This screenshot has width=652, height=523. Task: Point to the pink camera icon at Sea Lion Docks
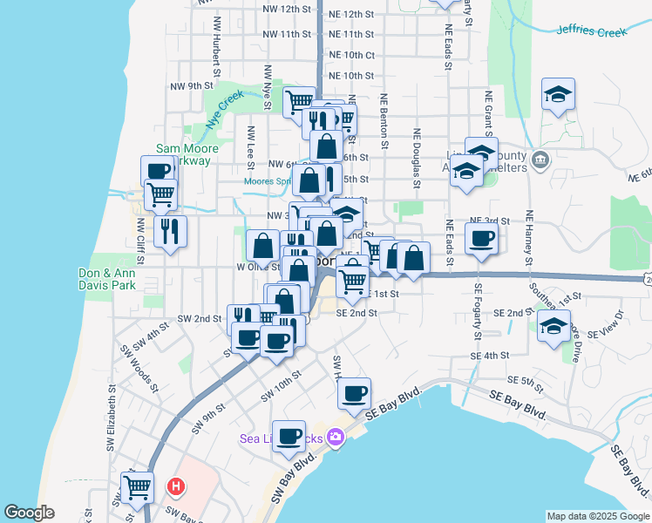336,437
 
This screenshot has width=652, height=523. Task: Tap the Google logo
29,513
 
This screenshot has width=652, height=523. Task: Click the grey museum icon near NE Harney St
540,160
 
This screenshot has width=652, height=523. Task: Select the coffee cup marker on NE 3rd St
480,238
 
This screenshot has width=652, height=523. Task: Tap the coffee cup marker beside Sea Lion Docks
289,436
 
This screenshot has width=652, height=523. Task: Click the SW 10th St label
282,386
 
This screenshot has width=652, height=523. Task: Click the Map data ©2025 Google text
599,516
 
